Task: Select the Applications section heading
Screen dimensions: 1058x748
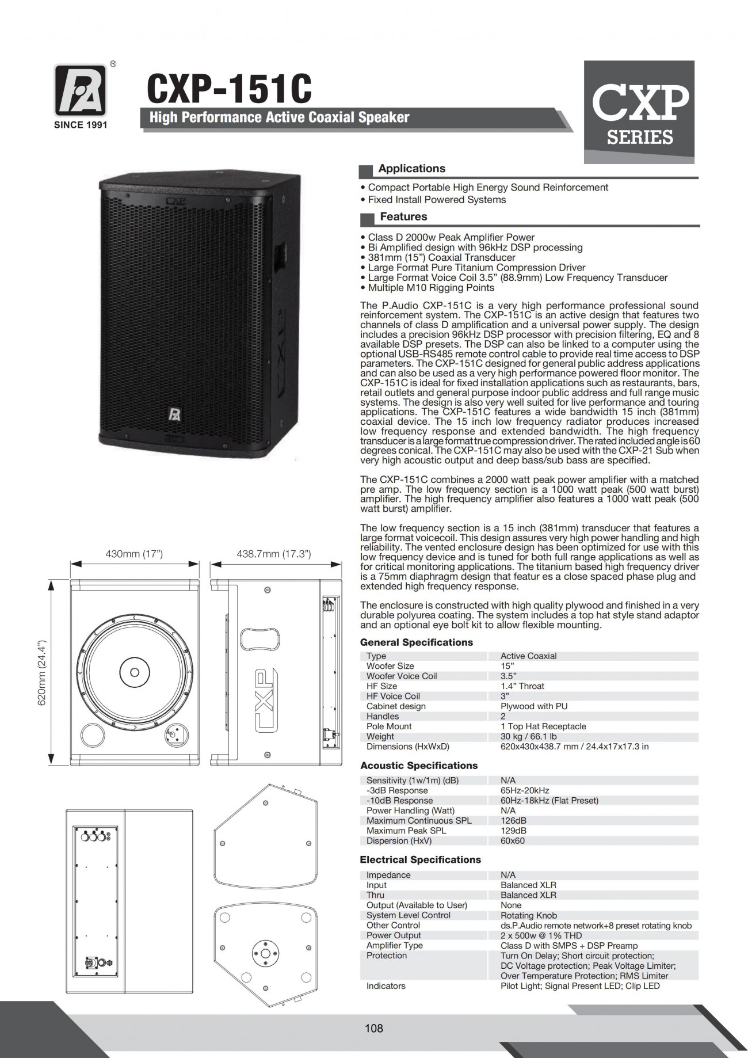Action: (x=411, y=169)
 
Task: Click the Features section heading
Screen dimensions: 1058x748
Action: (x=403, y=217)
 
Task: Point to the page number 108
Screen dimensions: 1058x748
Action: (x=373, y=1027)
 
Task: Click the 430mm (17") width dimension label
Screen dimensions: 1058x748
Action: (x=134, y=554)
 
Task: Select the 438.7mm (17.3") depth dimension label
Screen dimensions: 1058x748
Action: (x=274, y=554)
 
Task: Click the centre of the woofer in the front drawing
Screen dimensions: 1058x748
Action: (x=134, y=672)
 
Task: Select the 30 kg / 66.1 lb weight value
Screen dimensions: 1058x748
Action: (x=528, y=736)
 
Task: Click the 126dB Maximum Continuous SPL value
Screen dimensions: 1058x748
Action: (x=513, y=820)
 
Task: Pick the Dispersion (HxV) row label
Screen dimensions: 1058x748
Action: (x=399, y=840)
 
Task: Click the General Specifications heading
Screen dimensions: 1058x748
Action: (x=416, y=642)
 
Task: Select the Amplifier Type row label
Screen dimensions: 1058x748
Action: (x=394, y=945)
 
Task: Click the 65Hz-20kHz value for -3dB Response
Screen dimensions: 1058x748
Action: (x=524, y=790)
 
